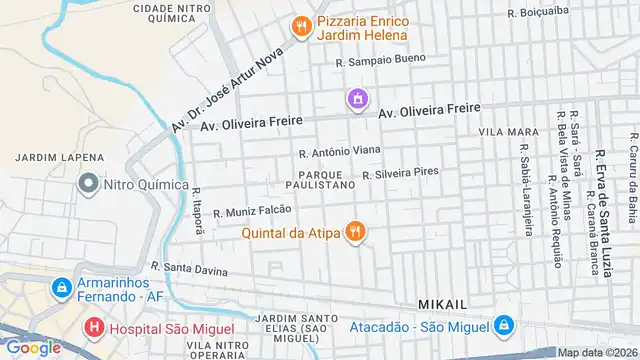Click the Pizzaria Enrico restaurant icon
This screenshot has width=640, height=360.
299,27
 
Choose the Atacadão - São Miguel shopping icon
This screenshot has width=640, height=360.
504,326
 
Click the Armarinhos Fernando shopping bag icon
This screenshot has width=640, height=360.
62,287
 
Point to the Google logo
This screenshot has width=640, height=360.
32,347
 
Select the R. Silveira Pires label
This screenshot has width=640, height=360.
400,172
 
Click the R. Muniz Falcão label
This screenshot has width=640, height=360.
252,210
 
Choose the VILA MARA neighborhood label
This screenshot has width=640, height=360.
508,132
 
